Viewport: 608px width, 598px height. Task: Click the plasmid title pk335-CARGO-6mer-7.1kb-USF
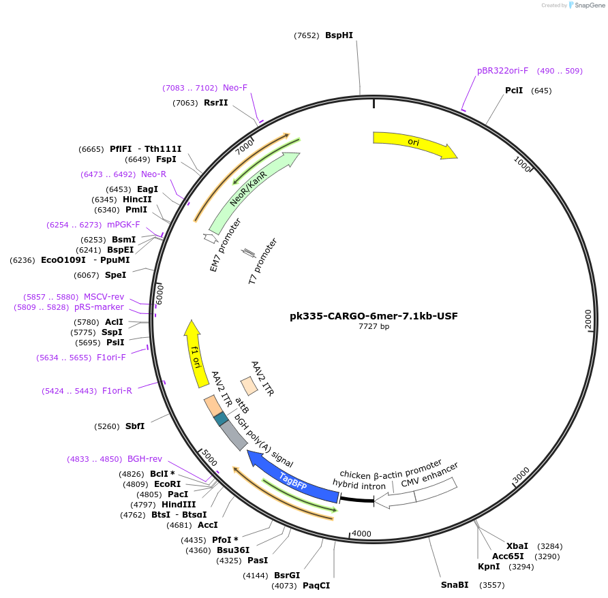tap(374, 316)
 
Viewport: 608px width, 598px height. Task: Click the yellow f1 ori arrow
tap(195, 353)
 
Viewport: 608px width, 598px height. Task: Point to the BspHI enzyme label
tap(339, 35)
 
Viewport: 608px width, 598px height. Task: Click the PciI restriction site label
tap(514, 91)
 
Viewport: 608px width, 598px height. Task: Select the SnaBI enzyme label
tap(455, 585)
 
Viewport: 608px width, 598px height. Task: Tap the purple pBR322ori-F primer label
tap(502, 71)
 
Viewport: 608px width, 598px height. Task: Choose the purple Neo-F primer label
tap(235, 88)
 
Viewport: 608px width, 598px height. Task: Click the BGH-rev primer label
tap(145, 459)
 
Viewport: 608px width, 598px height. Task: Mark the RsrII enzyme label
tap(215, 103)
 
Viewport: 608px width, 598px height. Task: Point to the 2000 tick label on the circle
tap(588, 319)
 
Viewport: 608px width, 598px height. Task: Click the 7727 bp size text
tap(374, 327)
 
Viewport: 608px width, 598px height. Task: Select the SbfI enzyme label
tap(135, 426)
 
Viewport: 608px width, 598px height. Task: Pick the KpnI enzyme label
tap(489, 567)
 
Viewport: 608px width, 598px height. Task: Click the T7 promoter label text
tap(262, 261)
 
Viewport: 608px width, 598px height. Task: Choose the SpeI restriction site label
tap(115, 275)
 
